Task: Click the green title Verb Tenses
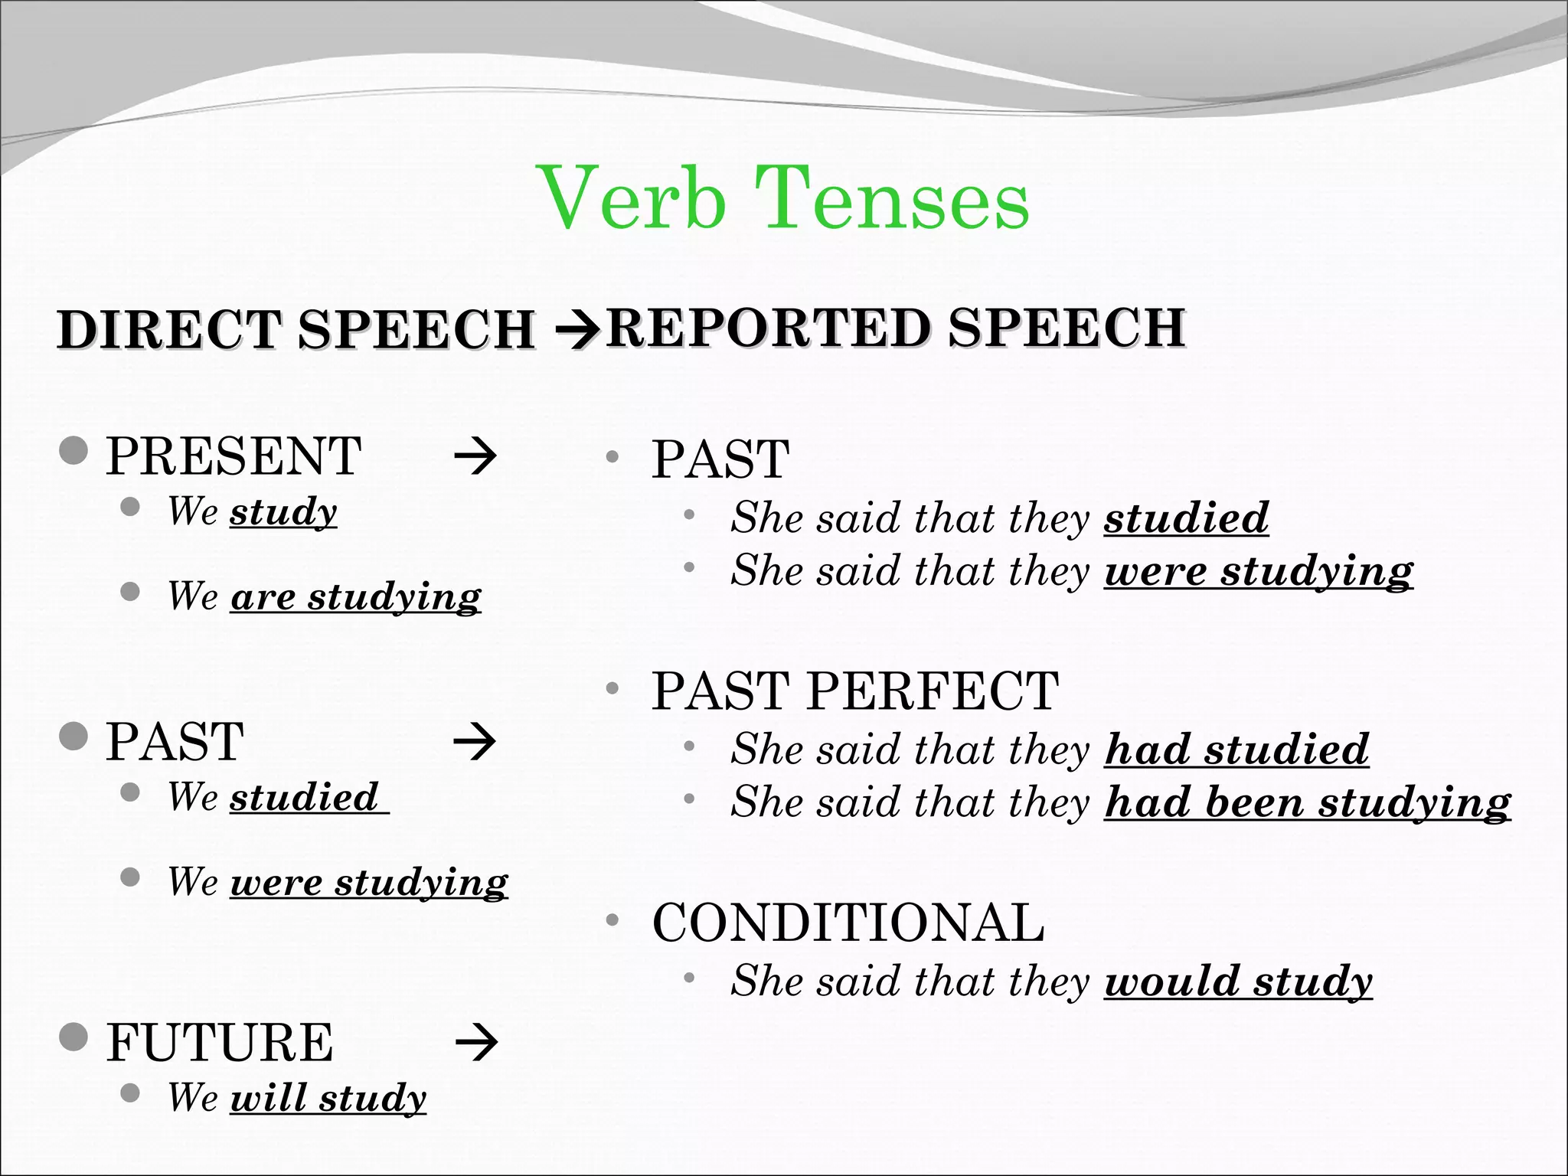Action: [x=784, y=198]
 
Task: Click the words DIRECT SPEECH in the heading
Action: [x=296, y=330]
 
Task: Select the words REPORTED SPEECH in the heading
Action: [x=896, y=328]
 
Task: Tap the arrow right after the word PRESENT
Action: [x=475, y=457]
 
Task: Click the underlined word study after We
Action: [x=283, y=511]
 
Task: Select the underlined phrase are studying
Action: [x=355, y=596]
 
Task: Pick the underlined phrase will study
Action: [x=328, y=1097]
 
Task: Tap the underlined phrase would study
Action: [x=1237, y=981]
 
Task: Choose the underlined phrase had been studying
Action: [x=1307, y=802]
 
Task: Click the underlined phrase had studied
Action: [x=1236, y=749]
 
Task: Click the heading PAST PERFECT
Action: [x=854, y=691]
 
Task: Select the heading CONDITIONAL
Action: [x=848, y=922]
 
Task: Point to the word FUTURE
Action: [x=220, y=1043]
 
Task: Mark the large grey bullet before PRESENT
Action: [x=73, y=451]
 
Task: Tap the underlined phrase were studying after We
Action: [x=368, y=882]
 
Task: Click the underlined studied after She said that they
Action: [x=1185, y=518]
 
